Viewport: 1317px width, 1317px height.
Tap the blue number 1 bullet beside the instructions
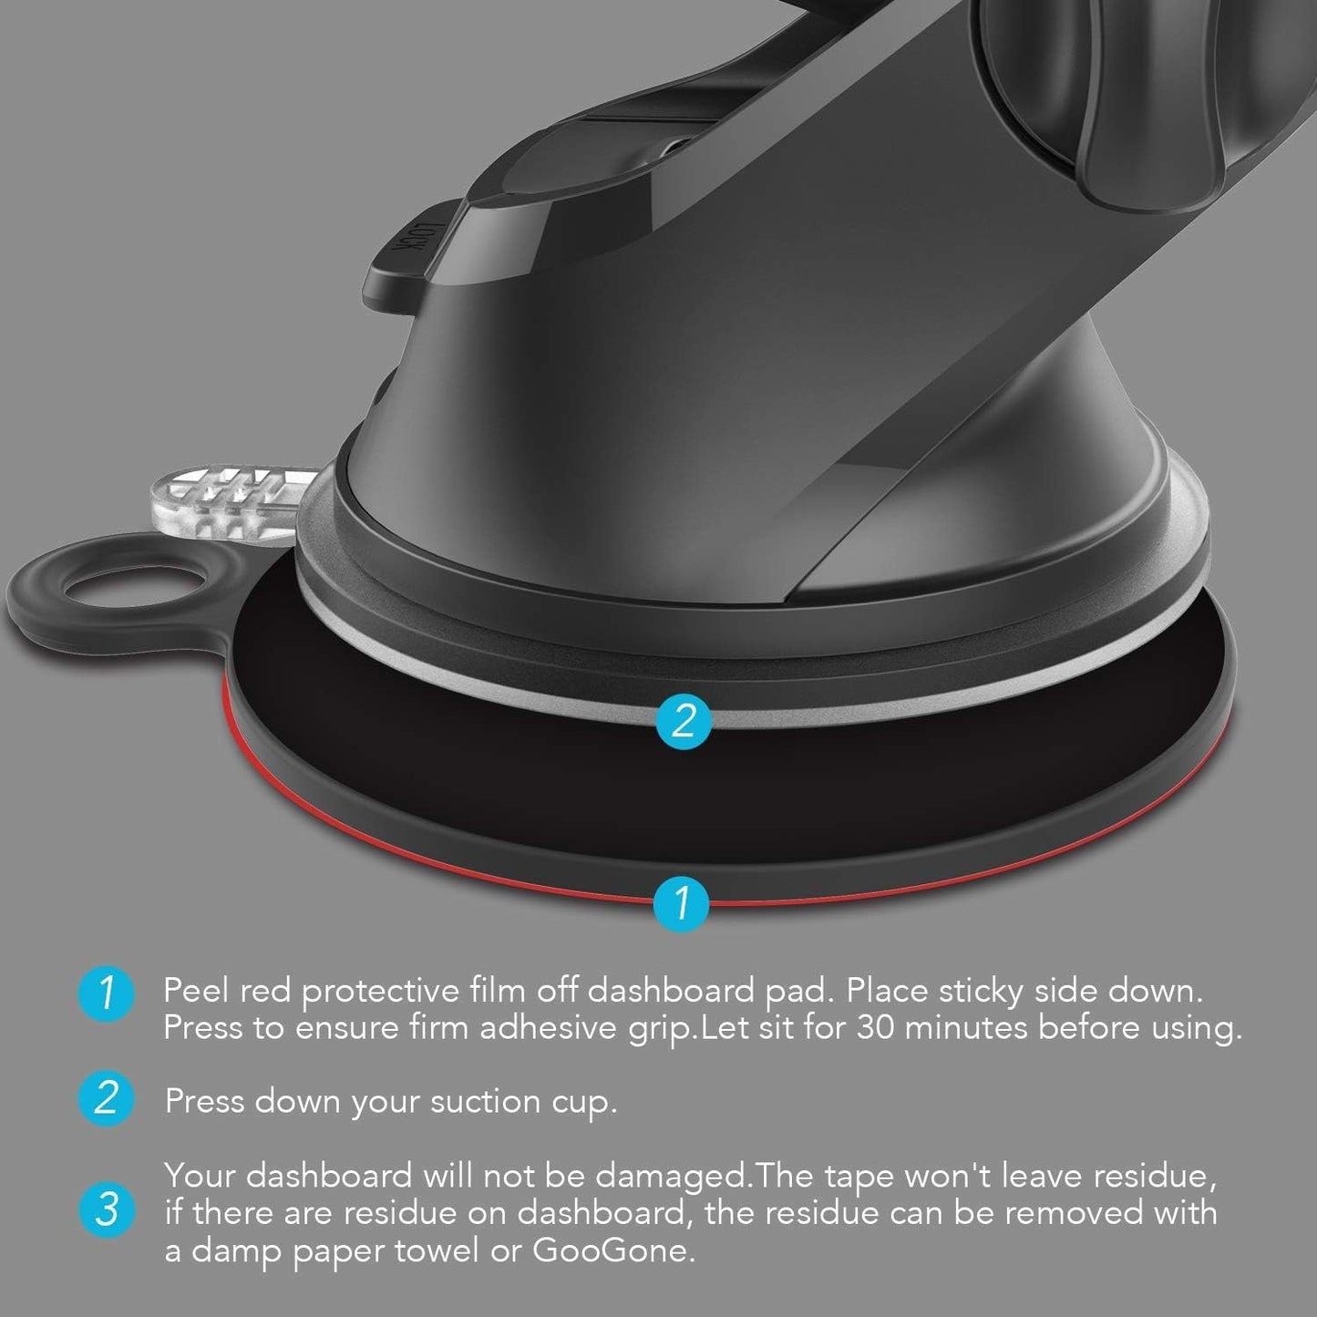pyautogui.click(x=107, y=993)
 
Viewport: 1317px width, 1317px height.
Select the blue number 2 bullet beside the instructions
pyautogui.click(x=107, y=1100)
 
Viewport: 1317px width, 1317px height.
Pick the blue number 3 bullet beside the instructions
pyautogui.click(x=107, y=1211)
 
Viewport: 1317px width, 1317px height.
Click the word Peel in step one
pyautogui.click(x=197, y=991)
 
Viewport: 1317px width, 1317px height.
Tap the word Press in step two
pyautogui.click(x=203, y=1102)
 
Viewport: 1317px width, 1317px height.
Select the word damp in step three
pyautogui.click(x=242, y=1250)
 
